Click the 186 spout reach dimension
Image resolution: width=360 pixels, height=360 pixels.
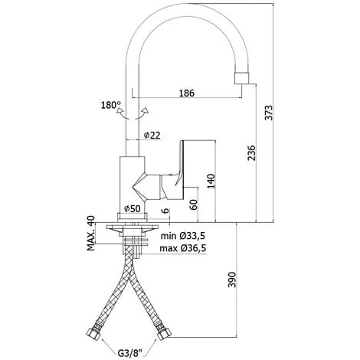187,93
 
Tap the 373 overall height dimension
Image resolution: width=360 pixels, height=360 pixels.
269,113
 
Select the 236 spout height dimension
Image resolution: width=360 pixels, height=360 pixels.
252,153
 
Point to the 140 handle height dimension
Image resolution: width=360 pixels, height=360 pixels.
211,181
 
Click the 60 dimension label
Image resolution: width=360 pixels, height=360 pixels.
194,205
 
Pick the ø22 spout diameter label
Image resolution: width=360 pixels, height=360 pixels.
152,135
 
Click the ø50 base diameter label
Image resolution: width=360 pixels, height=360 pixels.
133,209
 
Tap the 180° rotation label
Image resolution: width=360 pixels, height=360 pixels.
111,105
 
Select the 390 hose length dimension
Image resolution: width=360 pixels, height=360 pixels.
232,280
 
